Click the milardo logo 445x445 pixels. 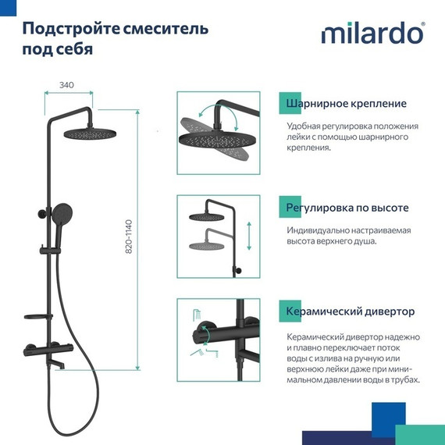tap(373, 35)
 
